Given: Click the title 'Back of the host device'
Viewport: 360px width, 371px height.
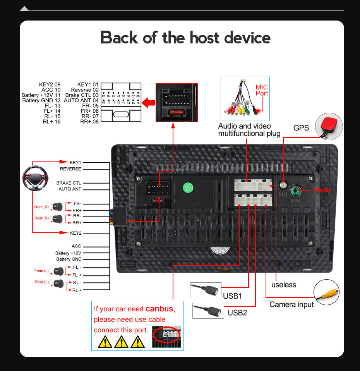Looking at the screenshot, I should (x=185, y=38).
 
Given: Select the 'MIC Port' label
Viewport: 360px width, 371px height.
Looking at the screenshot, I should (x=262, y=90).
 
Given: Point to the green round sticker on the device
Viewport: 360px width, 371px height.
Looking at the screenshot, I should (x=188, y=187).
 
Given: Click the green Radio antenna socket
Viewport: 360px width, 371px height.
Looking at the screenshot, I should (x=297, y=190).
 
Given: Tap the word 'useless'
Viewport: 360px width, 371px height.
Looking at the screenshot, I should (x=283, y=285).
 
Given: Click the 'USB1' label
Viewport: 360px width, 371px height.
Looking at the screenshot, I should (x=233, y=296).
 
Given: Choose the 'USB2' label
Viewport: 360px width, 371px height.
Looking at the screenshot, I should (x=237, y=313).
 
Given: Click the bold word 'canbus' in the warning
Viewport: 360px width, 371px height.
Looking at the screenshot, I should (x=160, y=309).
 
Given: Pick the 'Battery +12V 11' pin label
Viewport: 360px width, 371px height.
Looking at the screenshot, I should (x=41, y=95).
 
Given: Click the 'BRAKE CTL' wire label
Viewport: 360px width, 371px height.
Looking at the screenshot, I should (x=69, y=183).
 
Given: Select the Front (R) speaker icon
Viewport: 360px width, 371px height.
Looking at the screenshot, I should (x=58, y=206).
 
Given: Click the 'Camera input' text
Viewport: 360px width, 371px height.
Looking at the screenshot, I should (x=291, y=304).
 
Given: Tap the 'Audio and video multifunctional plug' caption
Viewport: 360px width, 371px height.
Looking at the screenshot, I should (x=249, y=130).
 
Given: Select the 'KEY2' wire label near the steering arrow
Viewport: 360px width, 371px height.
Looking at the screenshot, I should (x=75, y=233).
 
